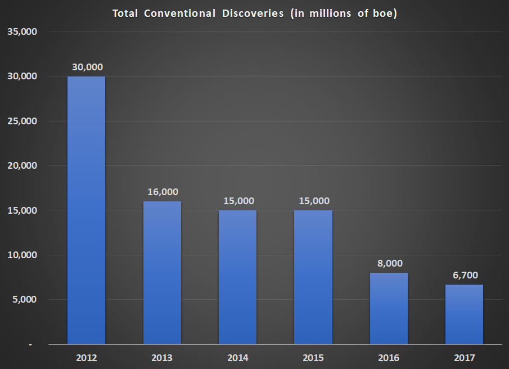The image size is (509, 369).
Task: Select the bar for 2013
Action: coord(162,272)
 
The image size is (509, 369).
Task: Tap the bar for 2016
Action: coord(389,308)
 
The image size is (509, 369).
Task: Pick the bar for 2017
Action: coord(464,314)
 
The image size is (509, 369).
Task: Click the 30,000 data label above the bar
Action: coord(87,67)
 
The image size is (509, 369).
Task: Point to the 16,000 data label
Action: coord(163,192)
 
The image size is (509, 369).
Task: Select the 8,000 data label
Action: coord(389,263)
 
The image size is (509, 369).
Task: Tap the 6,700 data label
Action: coord(465,275)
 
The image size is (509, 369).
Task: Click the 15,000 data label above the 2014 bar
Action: coord(238,201)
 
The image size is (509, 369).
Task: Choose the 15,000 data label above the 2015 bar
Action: coord(314,201)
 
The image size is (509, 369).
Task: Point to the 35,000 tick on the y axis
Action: coord(22,32)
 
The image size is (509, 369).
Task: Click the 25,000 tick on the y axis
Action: coord(22,121)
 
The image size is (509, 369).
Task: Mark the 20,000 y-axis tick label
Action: coord(22,166)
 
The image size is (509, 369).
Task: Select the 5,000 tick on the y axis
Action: coord(24,300)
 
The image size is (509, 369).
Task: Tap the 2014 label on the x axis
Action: coord(238,358)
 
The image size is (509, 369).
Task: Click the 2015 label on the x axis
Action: coord(313,358)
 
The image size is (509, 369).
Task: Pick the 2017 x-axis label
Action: coord(465,358)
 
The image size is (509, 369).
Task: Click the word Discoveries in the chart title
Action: coord(250,13)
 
